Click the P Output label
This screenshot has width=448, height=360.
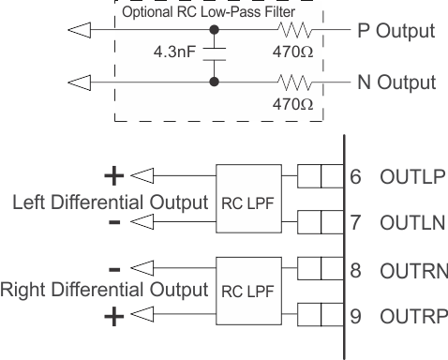pos(396,31)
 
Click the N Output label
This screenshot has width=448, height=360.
pos(396,82)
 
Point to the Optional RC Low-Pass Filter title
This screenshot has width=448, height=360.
pos(218,10)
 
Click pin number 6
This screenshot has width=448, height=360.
pos(356,177)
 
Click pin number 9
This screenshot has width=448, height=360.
pos(356,315)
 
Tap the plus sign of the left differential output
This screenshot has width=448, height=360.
pos(113,175)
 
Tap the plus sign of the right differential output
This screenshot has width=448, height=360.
pos(113,316)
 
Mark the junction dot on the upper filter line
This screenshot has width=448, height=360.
pos(215,31)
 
